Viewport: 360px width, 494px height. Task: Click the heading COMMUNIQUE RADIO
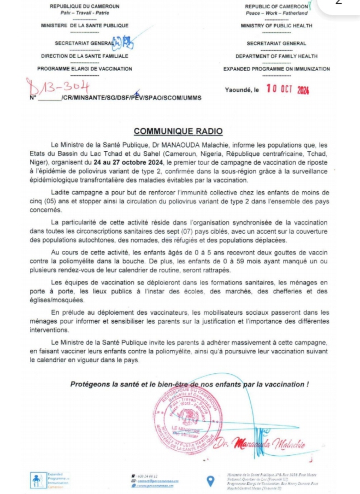pyautogui.click(x=178, y=131)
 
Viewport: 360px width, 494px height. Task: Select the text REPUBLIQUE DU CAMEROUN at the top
pyautogui.click(x=85, y=6)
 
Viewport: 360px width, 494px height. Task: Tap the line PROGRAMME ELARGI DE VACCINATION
pyautogui.click(x=85, y=69)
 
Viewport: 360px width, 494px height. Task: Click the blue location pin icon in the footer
pyautogui.click(x=211, y=481)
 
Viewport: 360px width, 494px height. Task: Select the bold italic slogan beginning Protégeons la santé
pyautogui.click(x=189, y=384)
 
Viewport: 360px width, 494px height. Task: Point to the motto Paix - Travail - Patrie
pyautogui.click(x=85, y=13)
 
